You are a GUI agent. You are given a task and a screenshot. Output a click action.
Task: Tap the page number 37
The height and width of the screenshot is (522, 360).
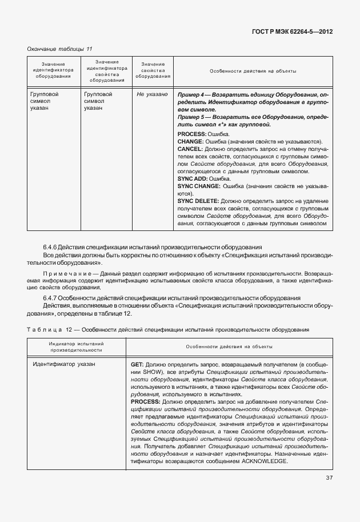pos(329,478)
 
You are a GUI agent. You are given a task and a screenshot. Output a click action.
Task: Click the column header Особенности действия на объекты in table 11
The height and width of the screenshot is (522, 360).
pos(252,71)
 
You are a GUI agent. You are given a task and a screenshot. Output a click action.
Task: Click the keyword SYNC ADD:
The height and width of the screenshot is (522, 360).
pos(194,179)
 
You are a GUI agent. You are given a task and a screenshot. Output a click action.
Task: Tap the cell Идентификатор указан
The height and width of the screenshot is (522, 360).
pos(64,364)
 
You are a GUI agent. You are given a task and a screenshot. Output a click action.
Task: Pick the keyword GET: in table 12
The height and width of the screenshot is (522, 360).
pos(137,364)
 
